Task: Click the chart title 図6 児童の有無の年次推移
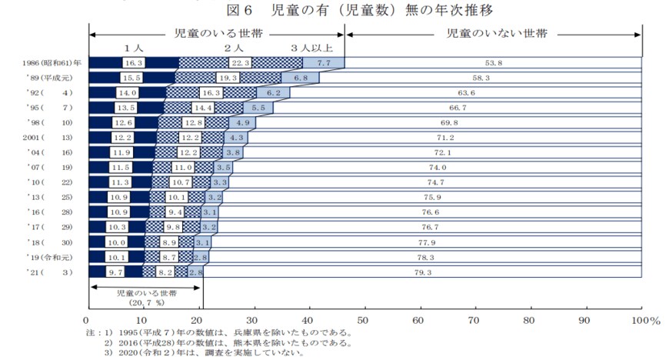[359, 9]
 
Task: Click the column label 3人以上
[311, 48]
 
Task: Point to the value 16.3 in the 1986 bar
[133, 63]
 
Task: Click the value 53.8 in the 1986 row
[493, 63]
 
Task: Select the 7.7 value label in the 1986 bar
[324, 63]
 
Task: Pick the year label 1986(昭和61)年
[53, 63]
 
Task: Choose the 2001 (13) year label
[47, 138]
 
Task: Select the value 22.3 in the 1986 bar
[241, 63]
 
